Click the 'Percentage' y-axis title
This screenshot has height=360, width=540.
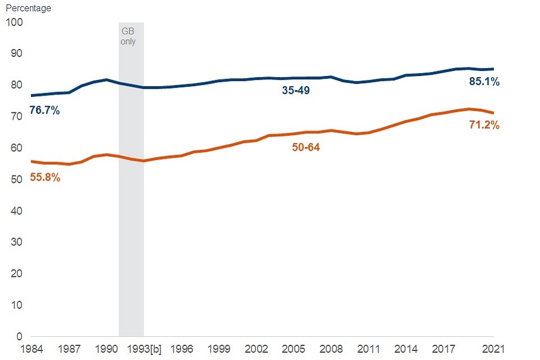28,8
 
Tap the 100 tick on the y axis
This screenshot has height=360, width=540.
14,22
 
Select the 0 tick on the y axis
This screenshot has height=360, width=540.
19,336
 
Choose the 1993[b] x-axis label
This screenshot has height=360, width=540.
144,349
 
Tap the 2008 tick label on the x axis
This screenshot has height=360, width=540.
331,349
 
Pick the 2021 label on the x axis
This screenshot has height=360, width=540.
493,349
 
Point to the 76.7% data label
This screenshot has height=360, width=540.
44,111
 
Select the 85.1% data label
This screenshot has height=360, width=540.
484,82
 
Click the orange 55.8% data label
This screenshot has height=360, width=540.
44,178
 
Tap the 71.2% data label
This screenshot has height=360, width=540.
484,125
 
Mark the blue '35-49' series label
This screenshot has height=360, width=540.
296,90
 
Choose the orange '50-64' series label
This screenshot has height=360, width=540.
306,147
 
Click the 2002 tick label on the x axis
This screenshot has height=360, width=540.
256,349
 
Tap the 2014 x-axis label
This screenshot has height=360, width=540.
406,349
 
